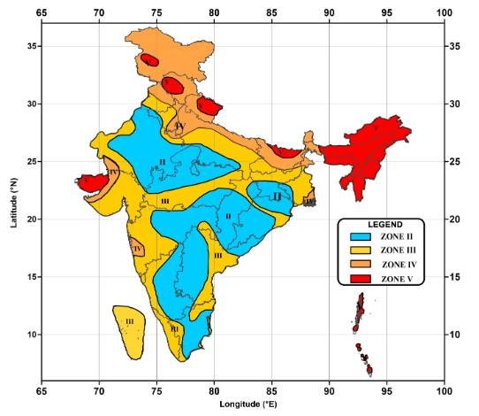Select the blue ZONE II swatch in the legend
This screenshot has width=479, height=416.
[362, 237]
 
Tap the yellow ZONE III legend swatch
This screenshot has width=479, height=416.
[362, 250]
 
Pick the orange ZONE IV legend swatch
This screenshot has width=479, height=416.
[362, 265]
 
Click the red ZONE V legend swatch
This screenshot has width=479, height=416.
[362, 278]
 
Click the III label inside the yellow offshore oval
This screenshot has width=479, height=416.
[130, 322]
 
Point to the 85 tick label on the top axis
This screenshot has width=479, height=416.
[271, 13]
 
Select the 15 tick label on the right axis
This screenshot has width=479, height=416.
[457, 276]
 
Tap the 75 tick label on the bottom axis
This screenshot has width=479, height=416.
[156, 389]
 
